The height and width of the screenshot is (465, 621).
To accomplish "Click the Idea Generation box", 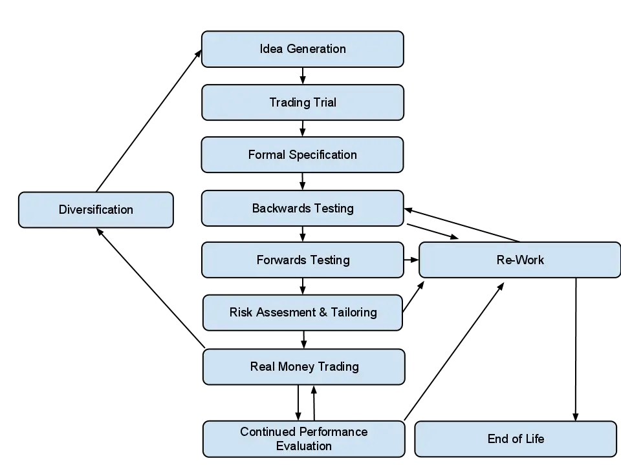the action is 303,49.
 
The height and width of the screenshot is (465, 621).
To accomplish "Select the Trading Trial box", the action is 303,103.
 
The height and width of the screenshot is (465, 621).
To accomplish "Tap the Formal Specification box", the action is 303,154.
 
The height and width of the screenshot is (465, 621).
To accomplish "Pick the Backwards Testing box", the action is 303,209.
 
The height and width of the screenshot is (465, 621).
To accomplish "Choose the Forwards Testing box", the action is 303,260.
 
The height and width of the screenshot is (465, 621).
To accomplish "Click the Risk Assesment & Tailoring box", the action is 303,313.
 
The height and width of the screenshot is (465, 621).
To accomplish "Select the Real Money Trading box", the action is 304,367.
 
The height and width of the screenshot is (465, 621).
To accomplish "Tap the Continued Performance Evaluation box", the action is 304,439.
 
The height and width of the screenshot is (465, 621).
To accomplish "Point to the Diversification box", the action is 96,209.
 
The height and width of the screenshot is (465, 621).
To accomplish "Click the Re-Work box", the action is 519,260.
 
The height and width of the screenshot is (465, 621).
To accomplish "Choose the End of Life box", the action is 516,439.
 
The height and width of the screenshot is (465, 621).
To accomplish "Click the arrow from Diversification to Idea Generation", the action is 149,121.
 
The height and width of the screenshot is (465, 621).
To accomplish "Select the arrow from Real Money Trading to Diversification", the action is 151,288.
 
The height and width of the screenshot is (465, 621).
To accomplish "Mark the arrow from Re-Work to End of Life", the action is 576,349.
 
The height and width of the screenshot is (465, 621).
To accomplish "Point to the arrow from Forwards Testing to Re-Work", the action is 411,260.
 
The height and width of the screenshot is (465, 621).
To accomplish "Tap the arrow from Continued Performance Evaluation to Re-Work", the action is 454,351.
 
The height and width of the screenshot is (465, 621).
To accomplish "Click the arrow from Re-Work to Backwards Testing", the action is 462,225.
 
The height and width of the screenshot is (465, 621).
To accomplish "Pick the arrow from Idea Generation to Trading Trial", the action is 303,76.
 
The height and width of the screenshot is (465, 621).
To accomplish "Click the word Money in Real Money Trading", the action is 296,367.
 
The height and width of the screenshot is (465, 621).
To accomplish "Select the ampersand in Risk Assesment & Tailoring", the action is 323,313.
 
